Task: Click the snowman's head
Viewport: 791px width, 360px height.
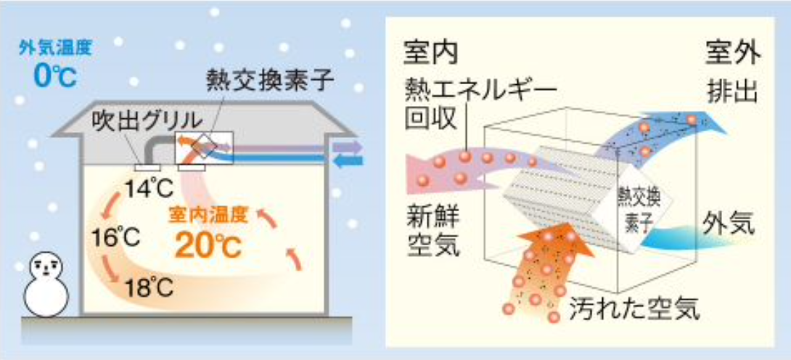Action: click(46, 265)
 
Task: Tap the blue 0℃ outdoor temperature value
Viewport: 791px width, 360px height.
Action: click(55, 76)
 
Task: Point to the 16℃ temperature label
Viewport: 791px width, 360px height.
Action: click(115, 237)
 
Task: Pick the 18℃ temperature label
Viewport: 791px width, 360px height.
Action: click(149, 287)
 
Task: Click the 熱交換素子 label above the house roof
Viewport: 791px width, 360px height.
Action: click(271, 81)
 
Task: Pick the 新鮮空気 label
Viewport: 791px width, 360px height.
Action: click(433, 233)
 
